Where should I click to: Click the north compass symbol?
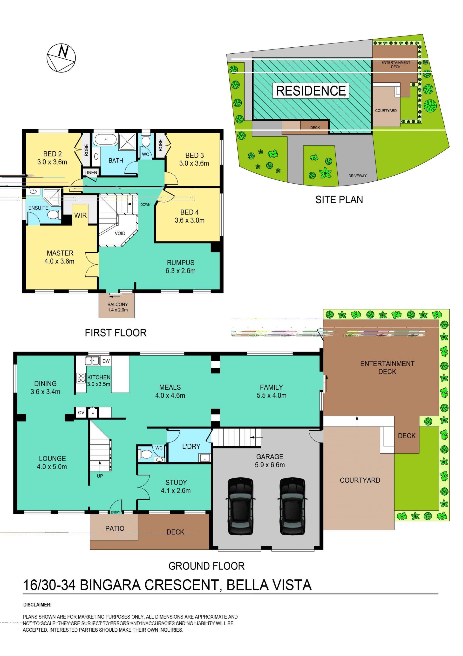(x=61, y=58)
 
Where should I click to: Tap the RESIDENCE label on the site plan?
(x=311, y=91)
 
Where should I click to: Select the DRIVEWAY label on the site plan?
(x=357, y=176)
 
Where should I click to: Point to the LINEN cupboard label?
(x=91, y=172)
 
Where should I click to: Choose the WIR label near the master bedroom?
(x=81, y=215)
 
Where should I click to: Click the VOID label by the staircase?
(x=120, y=233)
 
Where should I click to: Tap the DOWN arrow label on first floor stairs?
(x=145, y=204)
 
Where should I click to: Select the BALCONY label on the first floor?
(x=117, y=304)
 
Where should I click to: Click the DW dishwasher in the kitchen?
(x=106, y=361)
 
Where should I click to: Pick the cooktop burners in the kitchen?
(x=81, y=378)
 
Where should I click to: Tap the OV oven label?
(x=81, y=413)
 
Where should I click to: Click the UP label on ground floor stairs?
(x=100, y=476)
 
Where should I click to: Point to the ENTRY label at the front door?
(x=115, y=512)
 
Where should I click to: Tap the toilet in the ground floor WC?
(x=145, y=454)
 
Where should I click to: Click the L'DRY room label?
(x=191, y=446)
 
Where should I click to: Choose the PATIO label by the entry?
(x=115, y=528)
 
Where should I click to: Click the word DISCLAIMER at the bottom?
(x=37, y=605)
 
